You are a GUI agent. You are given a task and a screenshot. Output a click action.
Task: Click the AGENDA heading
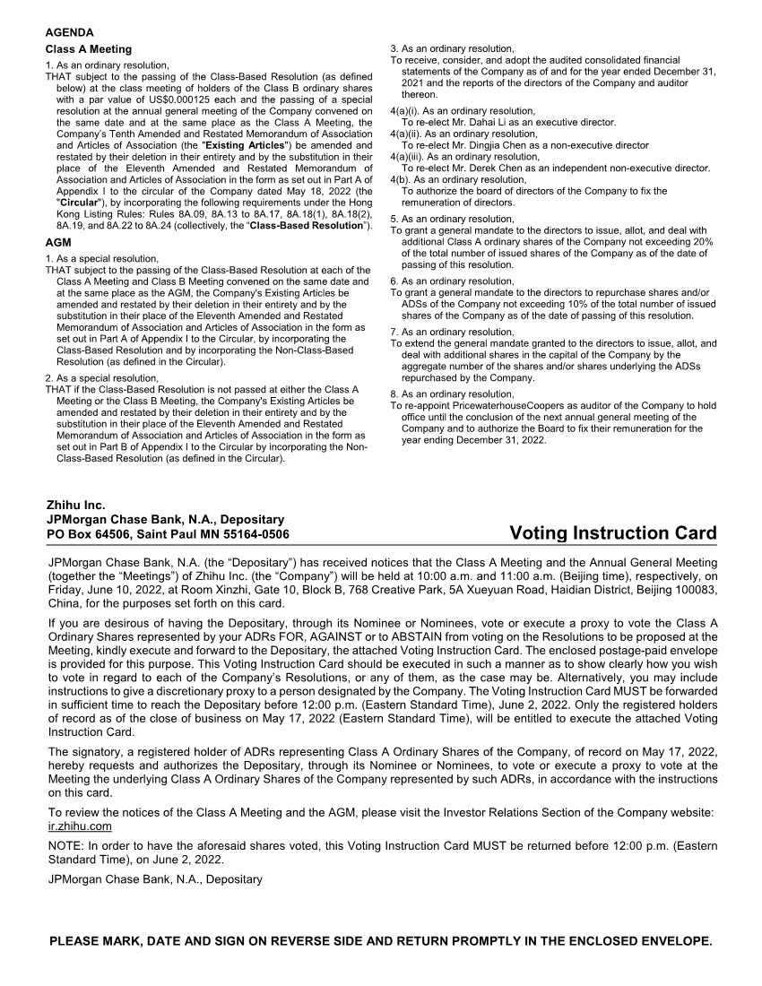click(69, 32)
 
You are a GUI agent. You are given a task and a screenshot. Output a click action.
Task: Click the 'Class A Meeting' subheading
click(88, 49)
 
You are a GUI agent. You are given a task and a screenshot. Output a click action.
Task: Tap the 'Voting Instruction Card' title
click(613, 534)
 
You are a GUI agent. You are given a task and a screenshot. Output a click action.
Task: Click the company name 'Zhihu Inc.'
click(75, 506)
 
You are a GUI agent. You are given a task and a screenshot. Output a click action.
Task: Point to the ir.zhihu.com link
click(80, 826)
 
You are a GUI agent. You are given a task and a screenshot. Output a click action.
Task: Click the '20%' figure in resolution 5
click(703, 242)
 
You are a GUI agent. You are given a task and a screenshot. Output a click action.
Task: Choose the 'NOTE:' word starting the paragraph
click(66, 846)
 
